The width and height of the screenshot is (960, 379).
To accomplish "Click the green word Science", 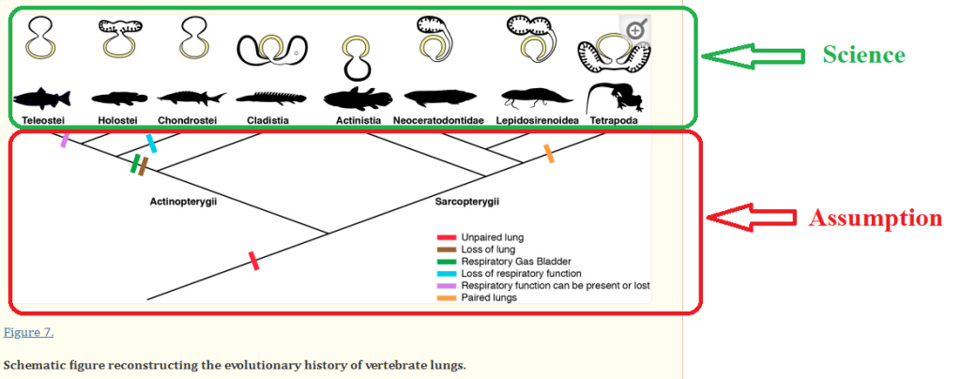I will [863, 54].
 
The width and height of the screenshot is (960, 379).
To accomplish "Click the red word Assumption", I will [875, 218].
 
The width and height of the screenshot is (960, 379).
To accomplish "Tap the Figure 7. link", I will [28, 332].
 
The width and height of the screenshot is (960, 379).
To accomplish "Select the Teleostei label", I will [44, 120].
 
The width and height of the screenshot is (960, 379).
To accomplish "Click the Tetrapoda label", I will [615, 120].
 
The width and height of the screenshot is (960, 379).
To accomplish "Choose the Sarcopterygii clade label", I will [466, 202].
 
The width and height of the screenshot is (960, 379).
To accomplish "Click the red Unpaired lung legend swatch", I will [446, 237].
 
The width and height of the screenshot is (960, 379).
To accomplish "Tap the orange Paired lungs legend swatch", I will [446, 297].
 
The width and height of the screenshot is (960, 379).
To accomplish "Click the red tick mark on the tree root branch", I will [252, 260].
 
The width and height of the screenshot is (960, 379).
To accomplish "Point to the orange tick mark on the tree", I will [549, 153].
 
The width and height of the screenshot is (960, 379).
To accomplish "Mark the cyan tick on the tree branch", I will [150, 143].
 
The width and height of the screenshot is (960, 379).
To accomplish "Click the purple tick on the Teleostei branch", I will [65, 140].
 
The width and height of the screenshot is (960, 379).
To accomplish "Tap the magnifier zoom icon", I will [635, 30].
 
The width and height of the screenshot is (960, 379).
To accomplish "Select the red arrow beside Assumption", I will [751, 218].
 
